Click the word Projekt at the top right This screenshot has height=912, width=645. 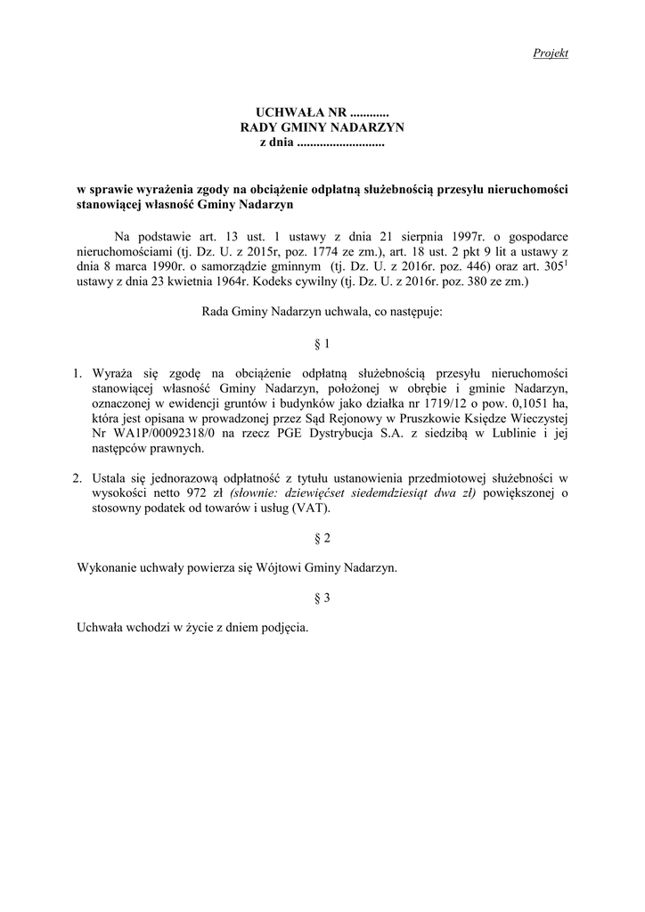coord(551,53)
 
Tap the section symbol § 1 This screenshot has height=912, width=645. coord(322,343)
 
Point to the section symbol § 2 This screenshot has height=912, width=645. coord(322,539)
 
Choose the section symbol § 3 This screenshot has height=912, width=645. coord(322,598)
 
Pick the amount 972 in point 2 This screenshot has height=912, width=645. coord(197,494)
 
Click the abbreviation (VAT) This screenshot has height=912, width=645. coord(306,509)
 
